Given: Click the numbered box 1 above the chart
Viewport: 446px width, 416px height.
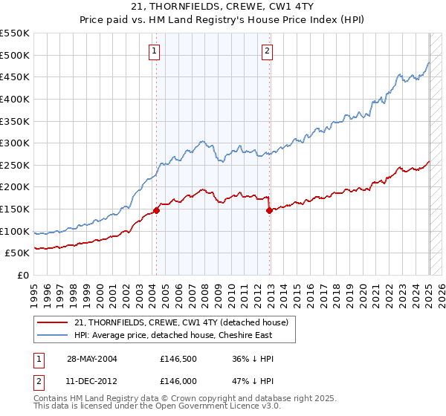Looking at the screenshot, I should pos(154,51).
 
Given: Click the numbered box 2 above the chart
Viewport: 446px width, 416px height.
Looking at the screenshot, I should pos(267,51).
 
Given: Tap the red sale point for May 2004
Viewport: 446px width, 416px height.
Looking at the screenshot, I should pos(157,210).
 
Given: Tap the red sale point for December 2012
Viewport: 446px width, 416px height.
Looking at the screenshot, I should pos(270,211).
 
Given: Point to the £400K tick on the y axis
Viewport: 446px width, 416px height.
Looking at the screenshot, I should pos(18,99).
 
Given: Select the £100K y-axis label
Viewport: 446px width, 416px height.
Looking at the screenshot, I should pos(18,231).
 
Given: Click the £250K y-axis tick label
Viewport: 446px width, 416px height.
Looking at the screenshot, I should pos(18,165).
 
